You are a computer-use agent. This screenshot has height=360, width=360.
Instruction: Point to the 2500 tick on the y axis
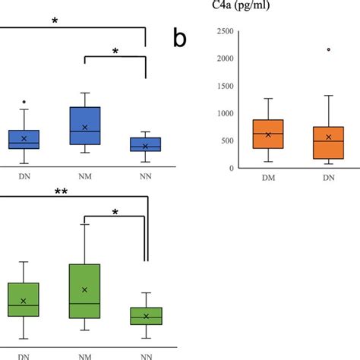(x=223, y=31)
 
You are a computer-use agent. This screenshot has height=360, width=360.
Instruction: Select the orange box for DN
(x=328, y=142)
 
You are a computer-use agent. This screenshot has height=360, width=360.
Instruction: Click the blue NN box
(x=145, y=144)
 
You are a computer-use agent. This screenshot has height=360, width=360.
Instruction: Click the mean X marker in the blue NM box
(x=84, y=127)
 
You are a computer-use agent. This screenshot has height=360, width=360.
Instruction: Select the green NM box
(x=84, y=291)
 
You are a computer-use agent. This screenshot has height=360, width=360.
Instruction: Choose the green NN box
(x=145, y=316)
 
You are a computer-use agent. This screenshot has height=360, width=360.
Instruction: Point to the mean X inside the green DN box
(x=24, y=301)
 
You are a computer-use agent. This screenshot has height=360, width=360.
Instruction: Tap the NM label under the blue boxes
(x=84, y=174)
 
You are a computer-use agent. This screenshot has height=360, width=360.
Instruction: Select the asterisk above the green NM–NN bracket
(x=115, y=212)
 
